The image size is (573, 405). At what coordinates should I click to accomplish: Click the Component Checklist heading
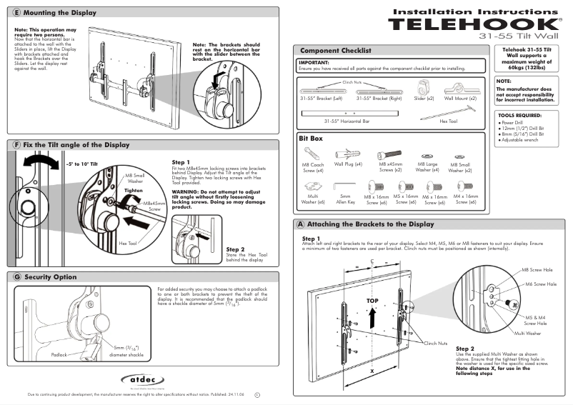pyautogui.click(x=335, y=51)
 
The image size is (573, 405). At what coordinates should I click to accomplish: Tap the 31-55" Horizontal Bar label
pyautogui.click(x=347, y=121)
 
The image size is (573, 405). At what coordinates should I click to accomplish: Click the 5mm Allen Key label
pyautogui.click(x=345, y=199)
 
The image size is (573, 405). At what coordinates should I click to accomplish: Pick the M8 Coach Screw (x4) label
pyautogui.click(x=312, y=168)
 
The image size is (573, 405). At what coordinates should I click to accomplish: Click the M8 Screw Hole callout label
pyautogui.click(x=537, y=271)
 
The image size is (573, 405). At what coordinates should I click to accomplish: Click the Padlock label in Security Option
pyautogui.click(x=59, y=354)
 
